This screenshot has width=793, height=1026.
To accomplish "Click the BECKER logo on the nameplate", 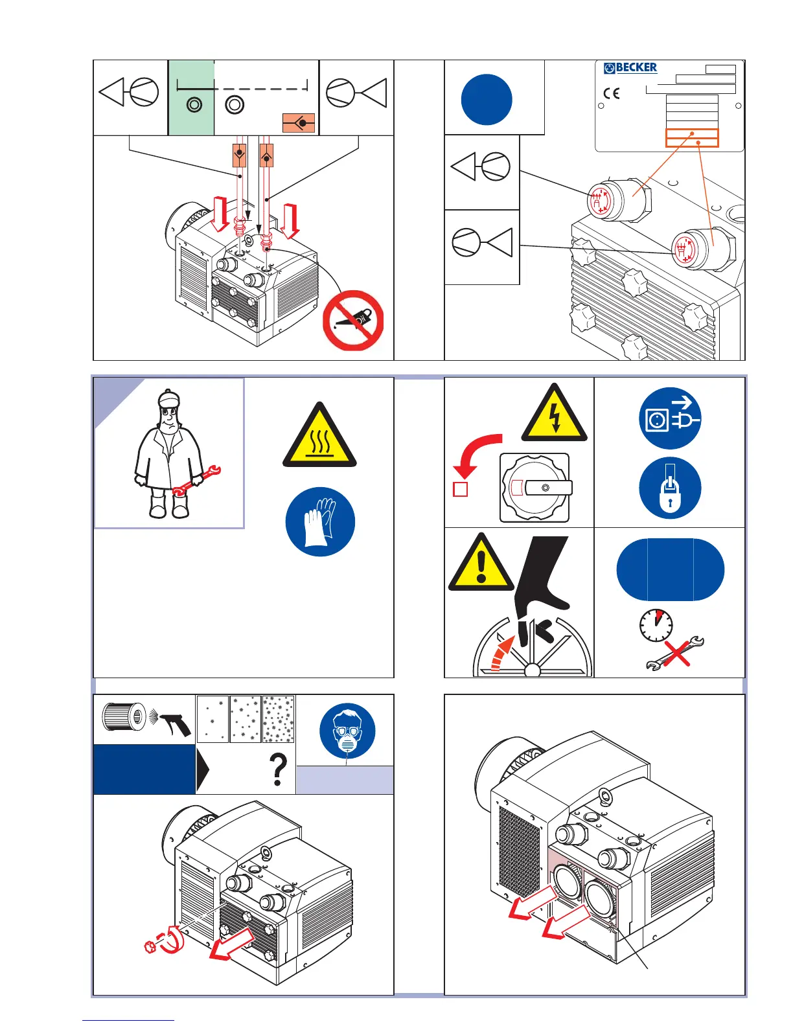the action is (630, 68).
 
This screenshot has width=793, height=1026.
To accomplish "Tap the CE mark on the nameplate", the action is (611, 93).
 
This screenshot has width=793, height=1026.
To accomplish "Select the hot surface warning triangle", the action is (320, 435).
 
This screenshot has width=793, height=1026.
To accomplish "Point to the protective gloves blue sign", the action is (320, 521).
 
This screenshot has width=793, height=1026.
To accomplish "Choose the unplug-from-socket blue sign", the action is (670, 418).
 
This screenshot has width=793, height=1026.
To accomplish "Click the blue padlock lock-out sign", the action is (670, 488).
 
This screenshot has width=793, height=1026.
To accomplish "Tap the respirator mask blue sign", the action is (347, 731).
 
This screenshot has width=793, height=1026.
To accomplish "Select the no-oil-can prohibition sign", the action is (353, 321).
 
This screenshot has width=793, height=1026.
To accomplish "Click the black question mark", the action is (278, 769).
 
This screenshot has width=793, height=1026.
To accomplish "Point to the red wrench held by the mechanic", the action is (196, 481).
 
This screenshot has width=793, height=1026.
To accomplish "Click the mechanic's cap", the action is (168, 398).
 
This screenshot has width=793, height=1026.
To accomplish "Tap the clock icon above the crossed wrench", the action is (656, 625).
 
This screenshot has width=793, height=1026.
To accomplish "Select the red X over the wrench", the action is (677, 654).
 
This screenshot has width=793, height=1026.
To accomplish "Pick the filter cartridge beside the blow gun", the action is (124, 717).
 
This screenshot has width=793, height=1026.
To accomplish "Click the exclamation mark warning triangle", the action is (481, 563).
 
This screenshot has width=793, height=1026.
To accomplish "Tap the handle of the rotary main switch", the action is (548, 488).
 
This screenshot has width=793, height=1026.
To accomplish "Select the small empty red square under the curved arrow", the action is (461, 489).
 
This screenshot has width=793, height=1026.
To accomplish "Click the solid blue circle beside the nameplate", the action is (487, 100).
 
